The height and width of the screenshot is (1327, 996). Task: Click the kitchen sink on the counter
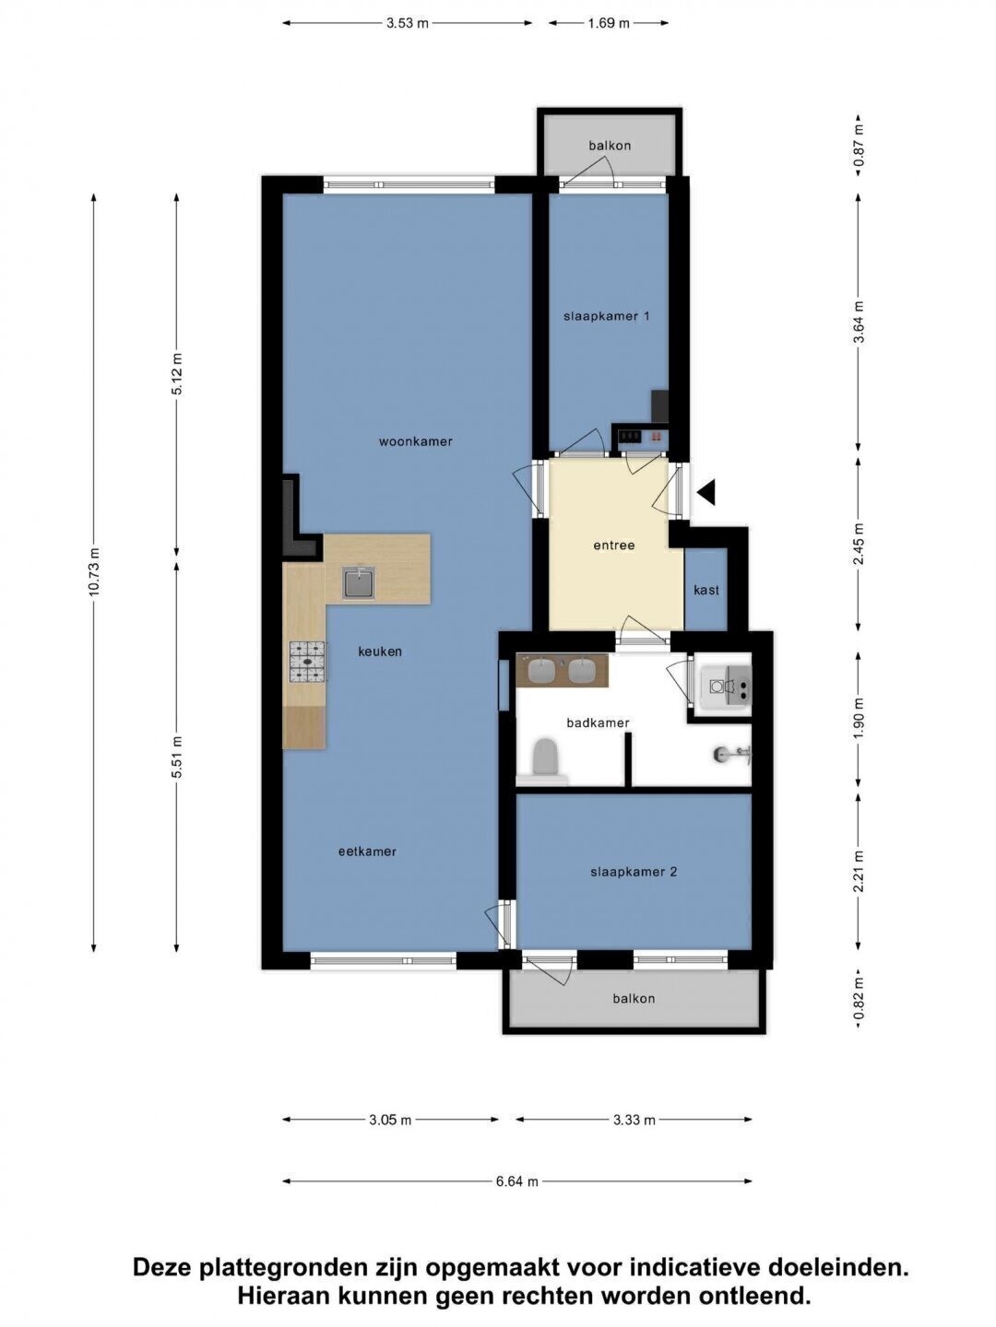[x=359, y=582]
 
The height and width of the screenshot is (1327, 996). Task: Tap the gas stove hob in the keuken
[x=308, y=662]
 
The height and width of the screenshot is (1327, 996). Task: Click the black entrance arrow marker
[x=706, y=492]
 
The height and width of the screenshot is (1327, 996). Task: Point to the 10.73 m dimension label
[x=94, y=571]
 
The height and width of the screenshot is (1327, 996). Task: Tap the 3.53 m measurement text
[x=408, y=24]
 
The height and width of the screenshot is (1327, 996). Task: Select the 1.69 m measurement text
[x=609, y=24]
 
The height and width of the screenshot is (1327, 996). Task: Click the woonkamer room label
[x=415, y=442]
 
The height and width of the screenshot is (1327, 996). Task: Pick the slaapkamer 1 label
[x=607, y=316]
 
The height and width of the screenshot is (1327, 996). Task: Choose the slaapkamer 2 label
[x=634, y=872]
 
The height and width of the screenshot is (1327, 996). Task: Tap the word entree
[x=614, y=546]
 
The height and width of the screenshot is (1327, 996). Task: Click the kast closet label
[x=706, y=590]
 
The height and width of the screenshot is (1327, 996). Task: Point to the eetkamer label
[x=367, y=851]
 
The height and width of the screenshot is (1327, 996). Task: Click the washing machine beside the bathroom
[x=726, y=687]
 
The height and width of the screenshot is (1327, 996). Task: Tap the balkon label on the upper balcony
[x=610, y=146]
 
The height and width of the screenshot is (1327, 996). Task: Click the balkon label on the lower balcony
[x=634, y=999]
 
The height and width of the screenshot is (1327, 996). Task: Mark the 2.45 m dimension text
[x=859, y=543]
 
